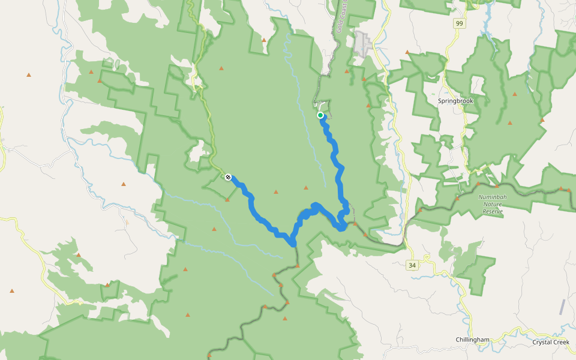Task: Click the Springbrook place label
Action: coord(455,101)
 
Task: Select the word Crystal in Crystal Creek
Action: coord(542,342)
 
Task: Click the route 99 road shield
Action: coord(460,23)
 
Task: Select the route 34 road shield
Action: coord(412,265)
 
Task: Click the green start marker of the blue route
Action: coord(320,115)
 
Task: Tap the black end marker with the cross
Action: coord(228,177)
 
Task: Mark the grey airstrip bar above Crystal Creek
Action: coord(562,307)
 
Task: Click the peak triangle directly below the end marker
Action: coord(227,199)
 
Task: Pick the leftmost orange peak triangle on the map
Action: coord(12,291)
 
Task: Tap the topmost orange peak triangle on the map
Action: coord(264,40)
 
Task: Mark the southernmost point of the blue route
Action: coord(293,244)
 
